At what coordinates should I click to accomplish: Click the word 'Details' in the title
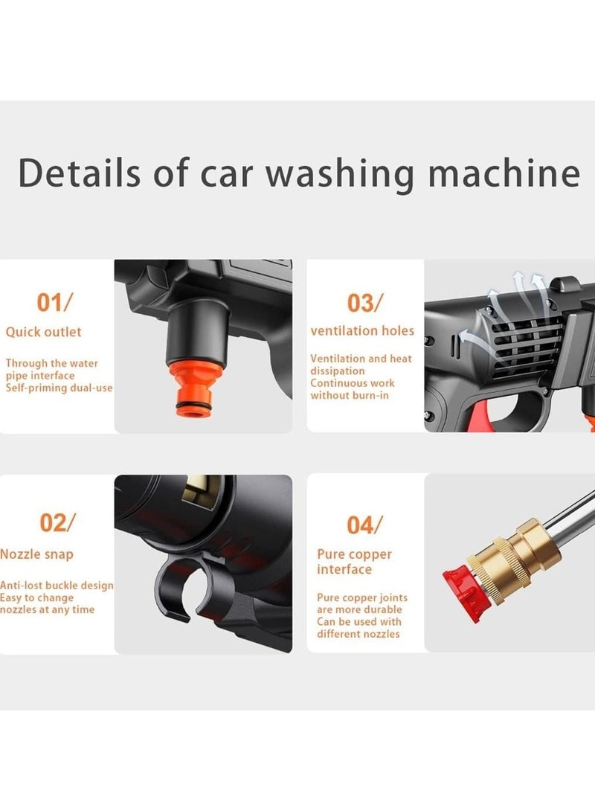(x=80, y=173)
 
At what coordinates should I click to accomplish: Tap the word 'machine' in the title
(x=504, y=173)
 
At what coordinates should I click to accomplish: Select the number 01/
(x=55, y=302)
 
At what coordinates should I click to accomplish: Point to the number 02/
(x=57, y=522)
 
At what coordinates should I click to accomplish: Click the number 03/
(x=365, y=303)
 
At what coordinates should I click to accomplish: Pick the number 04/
(x=365, y=525)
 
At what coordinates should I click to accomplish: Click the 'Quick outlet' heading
(x=43, y=332)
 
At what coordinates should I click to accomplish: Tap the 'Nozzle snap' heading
(x=36, y=554)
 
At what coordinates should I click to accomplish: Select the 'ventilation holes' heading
(x=362, y=330)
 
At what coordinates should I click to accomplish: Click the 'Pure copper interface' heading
(x=354, y=562)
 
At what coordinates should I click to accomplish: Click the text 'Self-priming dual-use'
(x=59, y=388)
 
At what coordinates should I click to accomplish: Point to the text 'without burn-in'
(x=350, y=395)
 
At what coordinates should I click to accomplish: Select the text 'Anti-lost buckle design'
(x=57, y=586)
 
